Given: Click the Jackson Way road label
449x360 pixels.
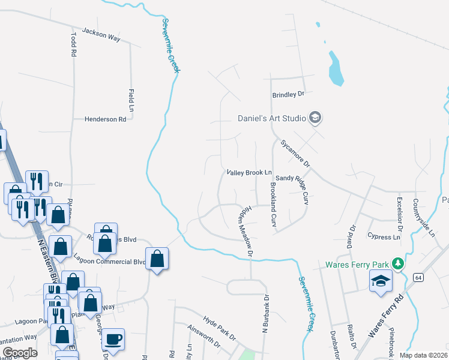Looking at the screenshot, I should [x=101, y=34].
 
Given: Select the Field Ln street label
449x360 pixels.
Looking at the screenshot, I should [x=131, y=100].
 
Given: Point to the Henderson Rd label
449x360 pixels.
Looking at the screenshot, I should [x=105, y=119].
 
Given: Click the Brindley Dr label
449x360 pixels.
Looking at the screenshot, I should [x=289, y=94].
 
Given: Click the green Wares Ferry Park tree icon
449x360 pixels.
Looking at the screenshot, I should [x=397, y=263].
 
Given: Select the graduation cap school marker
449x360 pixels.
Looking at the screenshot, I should [x=381, y=281].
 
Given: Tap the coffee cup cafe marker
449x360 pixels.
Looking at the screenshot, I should [x=113, y=339].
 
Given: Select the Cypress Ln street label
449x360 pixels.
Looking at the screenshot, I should [x=384, y=237].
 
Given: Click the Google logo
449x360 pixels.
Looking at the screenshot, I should [x=20, y=352].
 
